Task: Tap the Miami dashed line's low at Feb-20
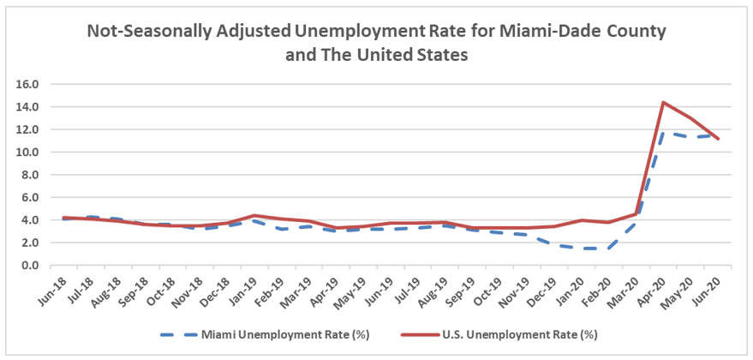click(x=608, y=249)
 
